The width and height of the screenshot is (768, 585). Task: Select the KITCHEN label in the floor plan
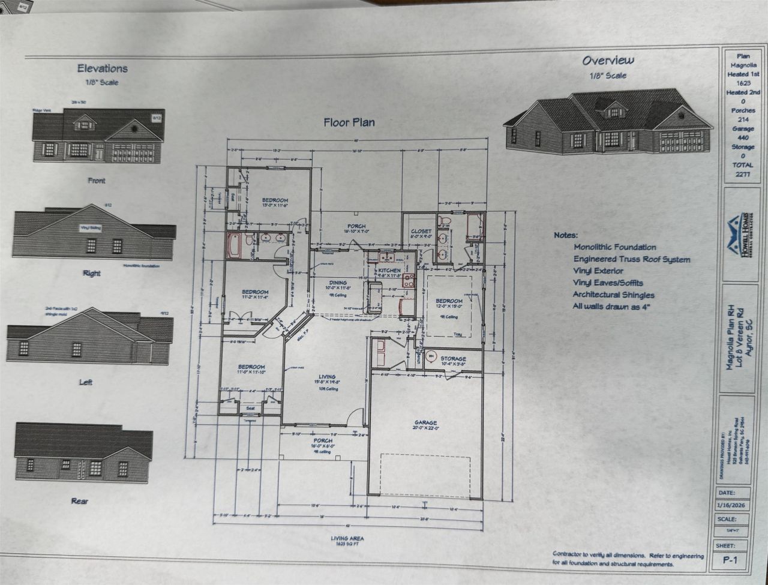pyautogui.click(x=389, y=271)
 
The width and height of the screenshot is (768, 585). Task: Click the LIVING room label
pyautogui.click(x=326, y=377)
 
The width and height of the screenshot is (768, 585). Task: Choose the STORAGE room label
pyautogui.click(x=453, y=359)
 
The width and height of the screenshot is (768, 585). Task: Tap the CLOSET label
pyautogui.click(x=421, y=232)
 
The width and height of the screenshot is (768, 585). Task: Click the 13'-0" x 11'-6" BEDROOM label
pyautogui.click(x=275, y=200)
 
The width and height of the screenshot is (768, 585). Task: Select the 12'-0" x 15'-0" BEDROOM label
pyautogui.click(x=449, y=301)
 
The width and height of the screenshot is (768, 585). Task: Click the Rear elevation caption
pyautogui.click(x=80, y=500)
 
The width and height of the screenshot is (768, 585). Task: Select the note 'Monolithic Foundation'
pyautogui.click(x=614, y=247)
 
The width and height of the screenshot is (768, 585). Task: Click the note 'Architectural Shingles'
pyautogui.click(x=613, y=295)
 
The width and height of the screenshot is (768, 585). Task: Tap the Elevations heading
pyautogui.click(x=102, y=68)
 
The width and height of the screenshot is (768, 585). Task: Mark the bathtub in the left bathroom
pyautogui.click(x=233, y=245)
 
